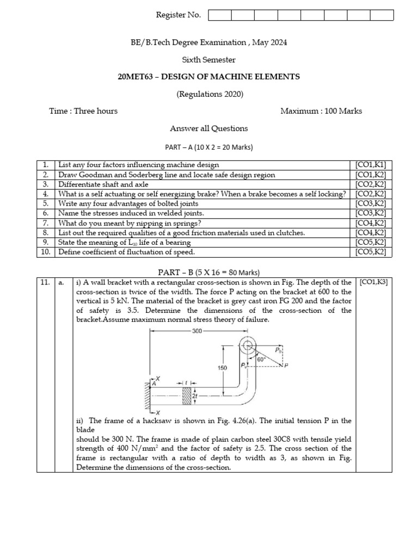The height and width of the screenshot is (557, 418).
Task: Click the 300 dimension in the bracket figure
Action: point(197,330)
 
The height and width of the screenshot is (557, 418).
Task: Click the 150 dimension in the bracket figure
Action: point(222,368)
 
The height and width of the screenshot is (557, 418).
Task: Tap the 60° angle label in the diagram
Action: point(262,359)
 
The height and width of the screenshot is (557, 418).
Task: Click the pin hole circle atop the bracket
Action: point(248,346)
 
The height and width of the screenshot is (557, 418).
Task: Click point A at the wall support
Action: point(154,383)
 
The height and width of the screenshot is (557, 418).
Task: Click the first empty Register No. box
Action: point(219,15)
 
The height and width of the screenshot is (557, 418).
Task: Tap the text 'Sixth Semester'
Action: point(208,59)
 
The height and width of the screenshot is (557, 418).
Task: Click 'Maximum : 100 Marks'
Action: point(321,111)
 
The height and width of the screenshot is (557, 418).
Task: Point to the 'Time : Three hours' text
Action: point(83,111)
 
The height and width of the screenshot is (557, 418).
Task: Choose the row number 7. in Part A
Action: point(46,223)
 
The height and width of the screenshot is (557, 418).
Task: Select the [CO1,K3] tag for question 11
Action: point(374,282)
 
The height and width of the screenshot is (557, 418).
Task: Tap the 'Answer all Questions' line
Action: point(208,128)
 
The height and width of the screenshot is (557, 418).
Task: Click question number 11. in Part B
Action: point(45,282)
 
